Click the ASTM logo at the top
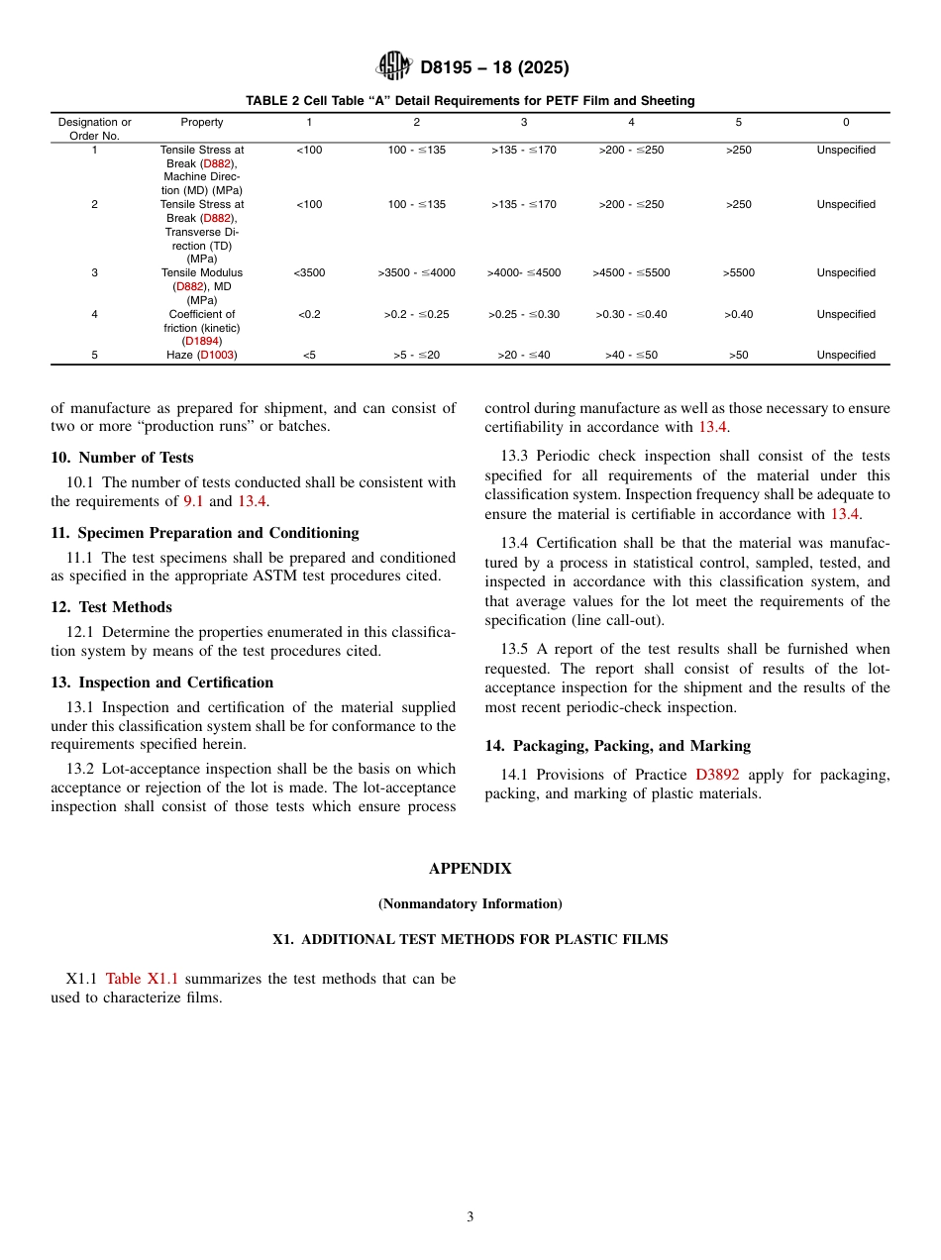point(394,66)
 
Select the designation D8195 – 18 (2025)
point(494,68)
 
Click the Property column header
point(202,122)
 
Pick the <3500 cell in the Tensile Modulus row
point(309,272)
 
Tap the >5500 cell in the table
point(738,272)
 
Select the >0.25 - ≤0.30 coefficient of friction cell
point(524,314)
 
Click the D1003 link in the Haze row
point(217,355)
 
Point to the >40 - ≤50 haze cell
point(631,355)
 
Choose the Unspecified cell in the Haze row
point(846,355)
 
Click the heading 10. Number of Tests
point(122,458)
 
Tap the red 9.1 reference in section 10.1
point(193,501)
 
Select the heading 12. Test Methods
point(111,607)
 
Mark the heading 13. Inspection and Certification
point(161,682)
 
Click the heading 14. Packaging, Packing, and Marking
point(617,746)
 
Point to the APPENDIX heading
point(470,869)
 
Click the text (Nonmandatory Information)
point(470,903)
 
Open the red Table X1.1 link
point(142,979)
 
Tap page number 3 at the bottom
point(470,1217)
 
